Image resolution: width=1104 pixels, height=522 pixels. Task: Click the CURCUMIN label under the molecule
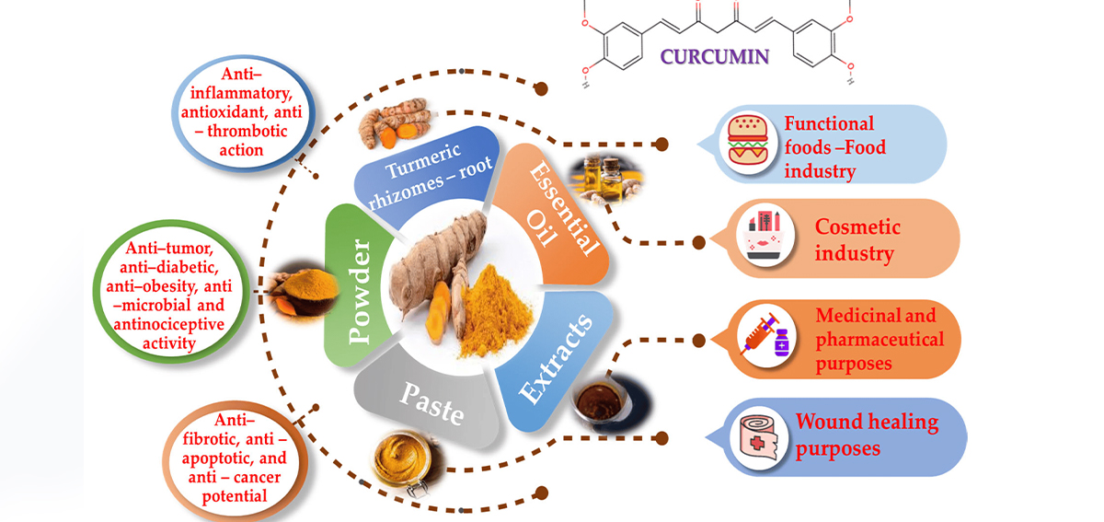click(715, 57)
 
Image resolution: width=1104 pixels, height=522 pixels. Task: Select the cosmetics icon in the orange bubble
click(765, 236)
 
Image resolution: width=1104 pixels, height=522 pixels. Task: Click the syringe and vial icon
click(766, 335)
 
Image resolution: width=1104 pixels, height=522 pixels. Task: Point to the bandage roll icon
click(759, 436)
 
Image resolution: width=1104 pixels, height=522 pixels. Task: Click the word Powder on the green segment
click(359, 291)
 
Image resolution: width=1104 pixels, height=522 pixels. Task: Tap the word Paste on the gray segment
click(431, 403)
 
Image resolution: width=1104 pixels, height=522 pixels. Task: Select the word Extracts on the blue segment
click(556, 359)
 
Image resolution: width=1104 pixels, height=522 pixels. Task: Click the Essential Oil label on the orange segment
click(562, 207)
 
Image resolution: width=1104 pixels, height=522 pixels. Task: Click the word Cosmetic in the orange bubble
click(857, 227)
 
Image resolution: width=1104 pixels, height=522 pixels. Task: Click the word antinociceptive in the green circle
click(169, 324)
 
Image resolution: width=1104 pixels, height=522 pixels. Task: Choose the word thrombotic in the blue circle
click(247, 131)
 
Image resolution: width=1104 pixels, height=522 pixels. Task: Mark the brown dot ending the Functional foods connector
click(661, 144)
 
